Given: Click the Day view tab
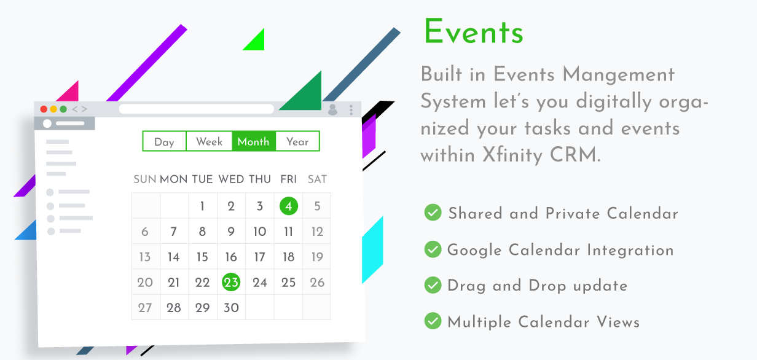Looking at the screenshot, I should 164,141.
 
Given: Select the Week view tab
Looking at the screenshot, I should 209,141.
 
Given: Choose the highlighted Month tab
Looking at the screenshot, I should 254,141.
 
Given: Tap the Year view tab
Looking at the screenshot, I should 297,141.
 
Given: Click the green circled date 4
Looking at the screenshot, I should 289,206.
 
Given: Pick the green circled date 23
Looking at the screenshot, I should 231,282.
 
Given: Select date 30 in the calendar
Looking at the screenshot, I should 231,308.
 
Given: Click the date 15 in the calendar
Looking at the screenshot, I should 202,257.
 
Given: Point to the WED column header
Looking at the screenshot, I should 231,179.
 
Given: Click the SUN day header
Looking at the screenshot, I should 144,179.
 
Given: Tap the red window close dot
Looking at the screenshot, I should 44,109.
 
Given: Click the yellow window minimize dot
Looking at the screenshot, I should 53,109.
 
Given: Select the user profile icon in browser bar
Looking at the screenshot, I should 333,109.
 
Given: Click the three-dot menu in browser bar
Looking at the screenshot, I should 351,109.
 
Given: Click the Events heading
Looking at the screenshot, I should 474,31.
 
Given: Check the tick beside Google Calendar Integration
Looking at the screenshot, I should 433,249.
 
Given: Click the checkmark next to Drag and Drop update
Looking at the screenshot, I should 433,285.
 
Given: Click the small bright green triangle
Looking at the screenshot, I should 256,41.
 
